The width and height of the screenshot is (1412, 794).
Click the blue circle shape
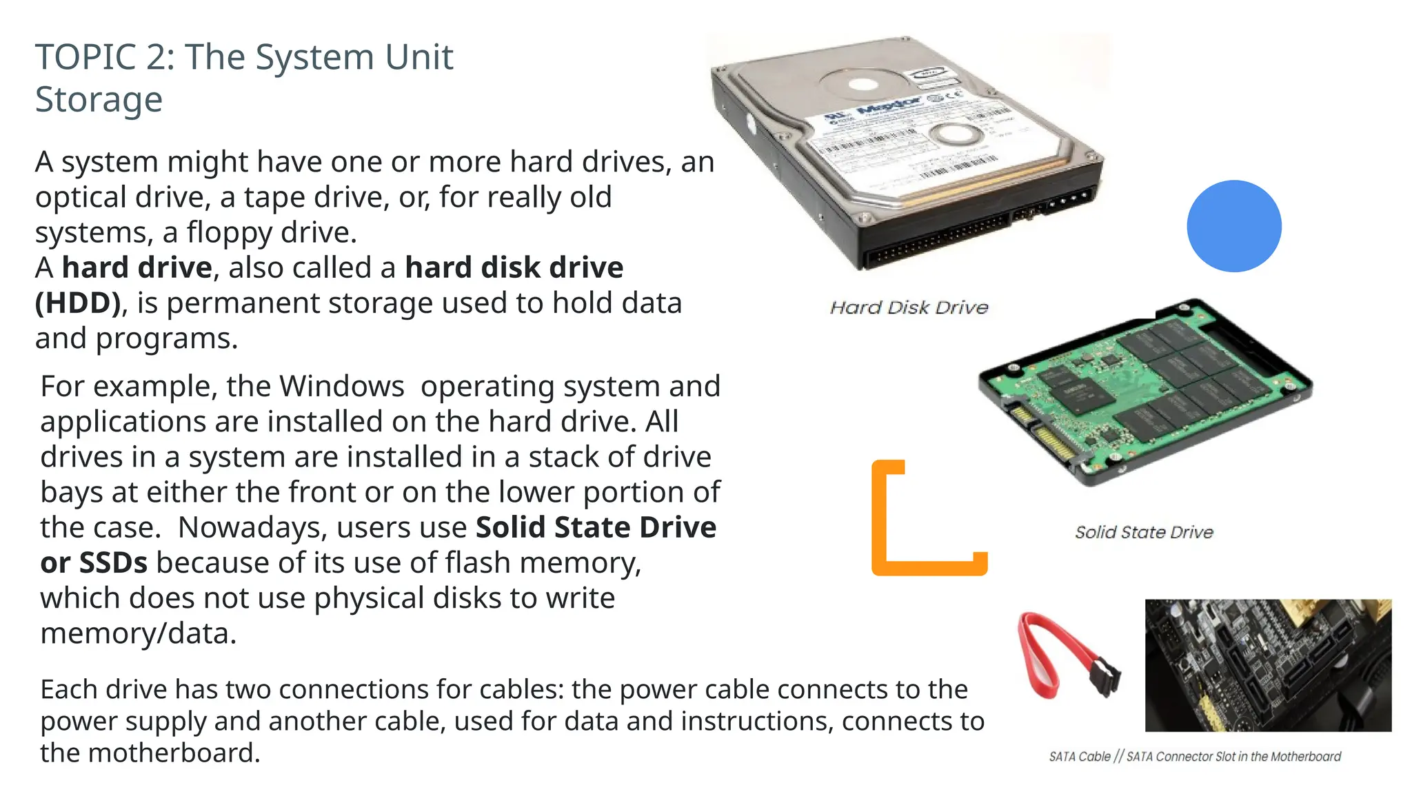point(1234,226)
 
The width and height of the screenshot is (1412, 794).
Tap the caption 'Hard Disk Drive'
point(909,307)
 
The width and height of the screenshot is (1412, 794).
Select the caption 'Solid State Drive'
point(1144,532)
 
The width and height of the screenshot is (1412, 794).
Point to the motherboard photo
point(1268,665)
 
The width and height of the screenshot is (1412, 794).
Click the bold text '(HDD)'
point(78,303)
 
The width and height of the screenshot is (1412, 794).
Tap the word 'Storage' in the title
point(99,99)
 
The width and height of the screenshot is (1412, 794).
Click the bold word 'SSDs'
point(113,563)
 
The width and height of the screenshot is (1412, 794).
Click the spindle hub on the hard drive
point(863,85)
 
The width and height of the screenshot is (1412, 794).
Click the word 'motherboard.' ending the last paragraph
point(174,753)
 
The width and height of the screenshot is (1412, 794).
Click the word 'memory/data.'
point(138,633)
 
